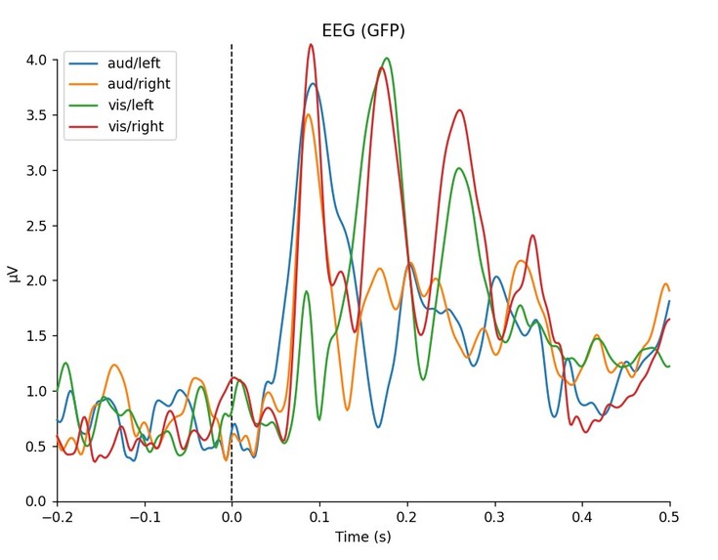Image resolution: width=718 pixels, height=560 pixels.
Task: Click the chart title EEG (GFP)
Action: click(363, 31)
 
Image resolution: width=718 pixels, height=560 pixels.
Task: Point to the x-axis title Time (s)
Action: click(363, 537)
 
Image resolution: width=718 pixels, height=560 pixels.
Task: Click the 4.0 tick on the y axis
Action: click(36, 61)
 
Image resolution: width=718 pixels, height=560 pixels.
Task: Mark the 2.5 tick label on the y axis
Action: click(36, 226)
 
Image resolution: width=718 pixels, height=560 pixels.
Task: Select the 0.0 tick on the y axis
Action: click(36, 501)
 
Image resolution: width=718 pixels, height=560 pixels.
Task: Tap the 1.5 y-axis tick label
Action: click(36, 336)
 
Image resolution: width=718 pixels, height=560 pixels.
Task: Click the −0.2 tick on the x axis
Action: click(57, 516)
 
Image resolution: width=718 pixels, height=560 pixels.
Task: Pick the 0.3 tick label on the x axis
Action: click(495, 516)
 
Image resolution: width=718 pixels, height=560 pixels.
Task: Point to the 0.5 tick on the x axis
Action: click(670, 516)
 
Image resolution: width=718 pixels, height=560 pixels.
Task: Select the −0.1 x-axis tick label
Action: click(145, 516)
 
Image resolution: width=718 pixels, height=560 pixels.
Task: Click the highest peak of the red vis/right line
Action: click(311, 45)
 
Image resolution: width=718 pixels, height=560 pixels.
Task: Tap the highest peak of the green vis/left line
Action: click(388, 59)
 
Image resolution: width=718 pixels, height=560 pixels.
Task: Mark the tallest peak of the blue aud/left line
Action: click(313, 84)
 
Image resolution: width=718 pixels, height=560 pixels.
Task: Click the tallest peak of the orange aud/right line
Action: click(308, 115)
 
